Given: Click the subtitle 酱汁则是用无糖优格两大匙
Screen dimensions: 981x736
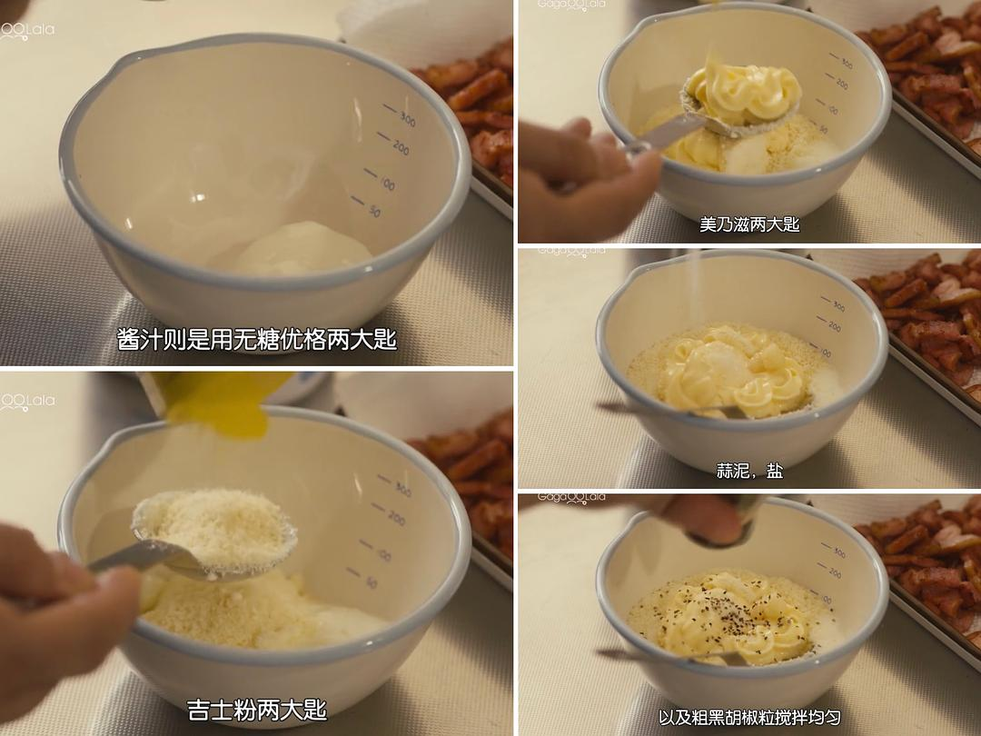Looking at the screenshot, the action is pyautogui.click(x=256, y=339).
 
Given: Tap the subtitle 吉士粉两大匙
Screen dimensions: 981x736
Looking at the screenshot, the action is pyautogui.click(x=256, y=710).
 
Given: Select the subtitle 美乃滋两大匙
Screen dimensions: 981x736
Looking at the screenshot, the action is pyautogui.click(x=748, y=224).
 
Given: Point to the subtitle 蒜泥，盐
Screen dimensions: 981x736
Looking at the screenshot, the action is pyautogui.click(x=748, y=471).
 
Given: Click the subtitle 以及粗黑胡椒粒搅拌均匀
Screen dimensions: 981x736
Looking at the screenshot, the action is pyautogui.click(x=748, y=717).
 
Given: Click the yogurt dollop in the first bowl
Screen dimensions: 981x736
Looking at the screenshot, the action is pyautogui.click(x=303, y=248).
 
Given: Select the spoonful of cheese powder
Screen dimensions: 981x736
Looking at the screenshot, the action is pyautogui.click(x=216, y=532).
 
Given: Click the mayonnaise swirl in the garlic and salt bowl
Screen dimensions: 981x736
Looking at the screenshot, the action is pyautogui.click(x=732, y=373).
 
